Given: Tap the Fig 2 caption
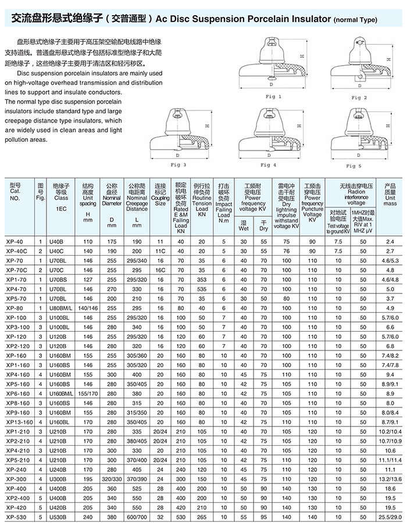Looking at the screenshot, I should pos(358,97).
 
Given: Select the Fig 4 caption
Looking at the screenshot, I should pos(267,165).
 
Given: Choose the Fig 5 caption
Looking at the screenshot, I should pos(354,166).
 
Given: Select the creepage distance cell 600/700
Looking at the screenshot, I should pos(137,515).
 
